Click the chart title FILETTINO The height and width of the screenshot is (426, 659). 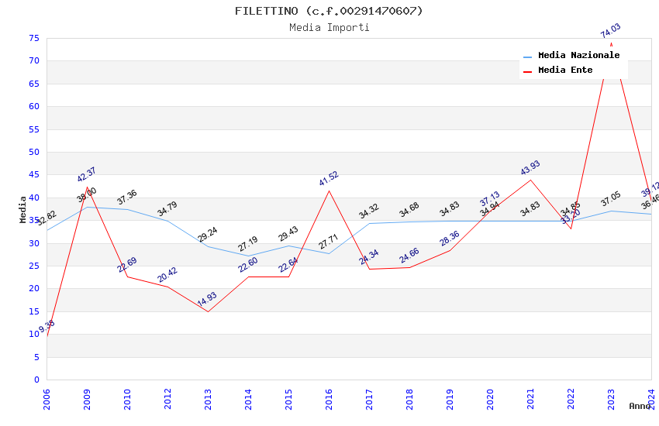click(x=329, y=11)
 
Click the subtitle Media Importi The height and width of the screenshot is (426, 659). click(x=329, y=28)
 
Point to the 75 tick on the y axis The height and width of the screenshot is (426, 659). click(x=33, y=39)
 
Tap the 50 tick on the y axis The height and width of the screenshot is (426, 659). click(x=33, y=153)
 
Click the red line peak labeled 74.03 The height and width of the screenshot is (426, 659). click(x=611, y=43)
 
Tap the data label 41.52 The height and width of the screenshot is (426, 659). click(x=329, y=179)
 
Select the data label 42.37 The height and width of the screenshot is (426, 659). click(x=87, y=175)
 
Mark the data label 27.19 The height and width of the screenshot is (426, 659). click(x=248, y=245)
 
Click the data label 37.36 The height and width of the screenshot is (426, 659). click(x=127, y=198)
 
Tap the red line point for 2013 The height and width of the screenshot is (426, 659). click(x=208, y=311)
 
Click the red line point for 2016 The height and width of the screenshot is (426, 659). click(x=329, y=191)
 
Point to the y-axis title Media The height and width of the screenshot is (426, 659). click(x=23, y=209)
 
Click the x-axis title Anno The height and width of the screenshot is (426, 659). click(x=640, y=406)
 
